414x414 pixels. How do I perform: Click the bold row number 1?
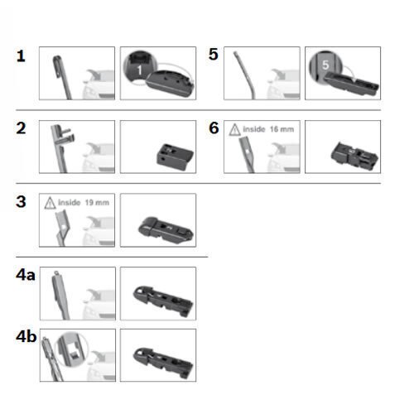21,56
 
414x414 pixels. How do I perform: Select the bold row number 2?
22,128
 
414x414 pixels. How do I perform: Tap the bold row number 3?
21,202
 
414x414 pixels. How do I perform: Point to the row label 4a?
26,275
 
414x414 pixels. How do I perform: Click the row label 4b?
26,336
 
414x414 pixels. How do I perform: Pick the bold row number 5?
214,54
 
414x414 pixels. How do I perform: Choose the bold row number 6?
214,128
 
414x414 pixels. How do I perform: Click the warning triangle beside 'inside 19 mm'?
50,203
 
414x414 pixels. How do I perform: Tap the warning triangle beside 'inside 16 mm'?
234,130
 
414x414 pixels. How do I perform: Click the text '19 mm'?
97,203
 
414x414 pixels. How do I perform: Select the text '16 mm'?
282,129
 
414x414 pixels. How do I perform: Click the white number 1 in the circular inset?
140,70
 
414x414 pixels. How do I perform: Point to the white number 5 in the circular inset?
325,65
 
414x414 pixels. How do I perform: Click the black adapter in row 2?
175,156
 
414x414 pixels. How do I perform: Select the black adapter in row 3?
166,229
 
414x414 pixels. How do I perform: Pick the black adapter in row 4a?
163,301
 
